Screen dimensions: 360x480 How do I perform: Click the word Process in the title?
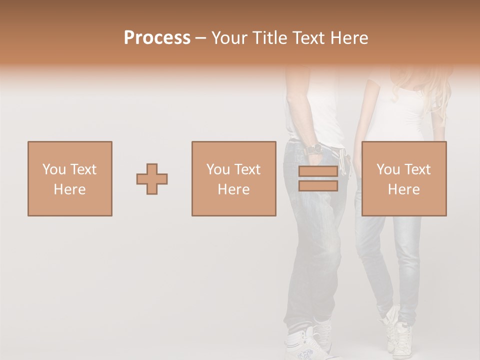click(x=157, y=38)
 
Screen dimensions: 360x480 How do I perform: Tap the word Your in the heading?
click(x=229, y=38)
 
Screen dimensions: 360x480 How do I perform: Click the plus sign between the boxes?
click(x=152, y=179)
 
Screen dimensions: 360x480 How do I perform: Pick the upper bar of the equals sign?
click(x=318, y=171)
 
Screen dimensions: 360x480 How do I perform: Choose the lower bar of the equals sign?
click(x=318, y=186)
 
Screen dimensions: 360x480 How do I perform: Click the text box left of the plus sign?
click(x=69, y=178)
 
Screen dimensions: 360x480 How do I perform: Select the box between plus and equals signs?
click(x=233, y=178)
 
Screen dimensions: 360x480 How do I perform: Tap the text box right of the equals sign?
click(x=403, y=178)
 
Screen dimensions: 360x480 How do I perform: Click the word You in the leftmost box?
click(x=54, y=169)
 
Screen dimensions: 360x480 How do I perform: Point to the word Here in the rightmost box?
click(x=403, y=189)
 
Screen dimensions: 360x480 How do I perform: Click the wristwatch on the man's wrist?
click(x=314, y=149)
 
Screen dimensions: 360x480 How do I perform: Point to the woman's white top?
click(x=395, y=115)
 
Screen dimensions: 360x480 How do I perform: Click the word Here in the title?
click(x=348, y=38)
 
